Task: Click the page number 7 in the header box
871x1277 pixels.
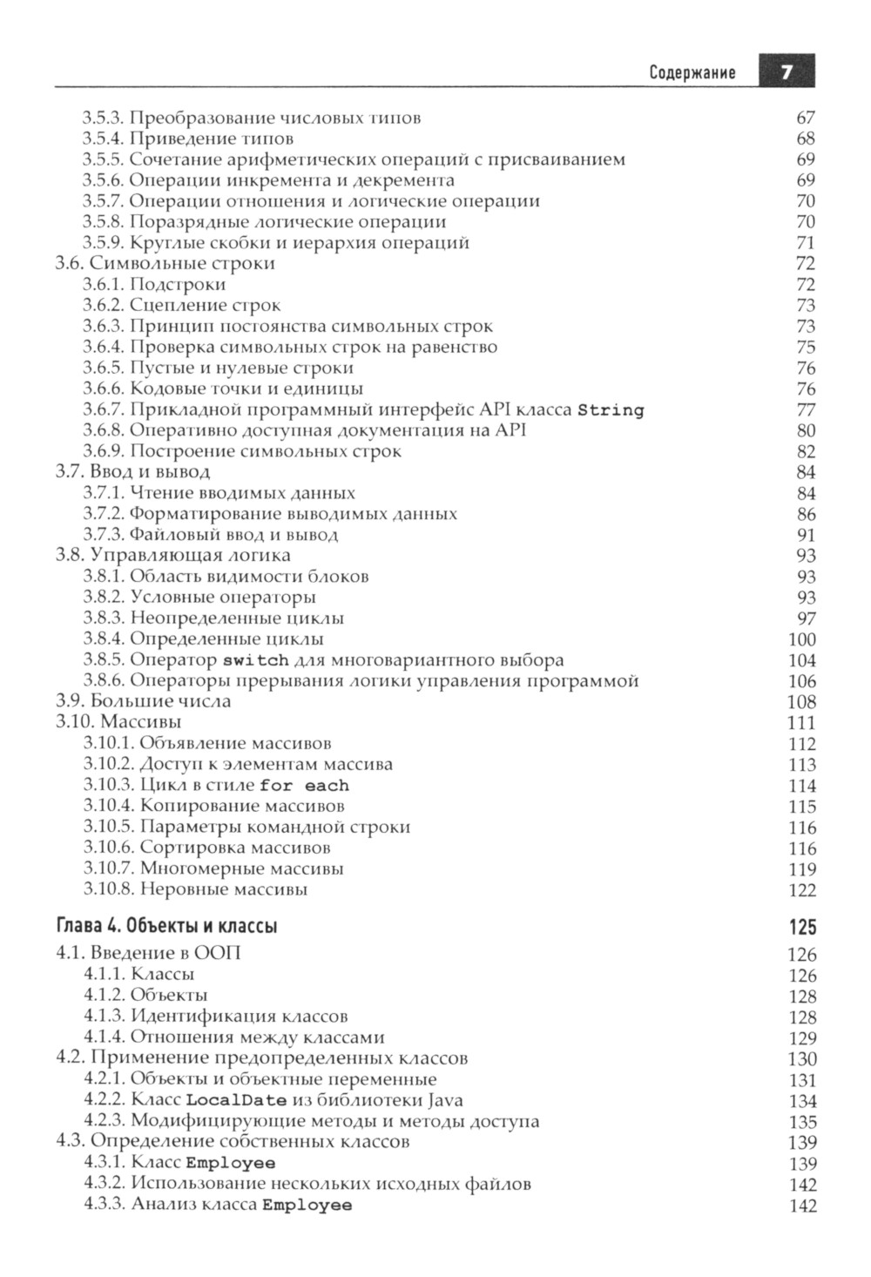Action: (786, 72)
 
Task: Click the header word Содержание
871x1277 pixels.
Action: (692, 73)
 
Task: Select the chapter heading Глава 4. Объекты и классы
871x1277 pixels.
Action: (166, 925)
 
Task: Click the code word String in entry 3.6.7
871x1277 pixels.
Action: (611, 410)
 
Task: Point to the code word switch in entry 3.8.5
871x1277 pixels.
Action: (255, 660)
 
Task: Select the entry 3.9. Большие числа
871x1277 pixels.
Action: (144, 701)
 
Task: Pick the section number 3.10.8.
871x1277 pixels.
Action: (109, 889)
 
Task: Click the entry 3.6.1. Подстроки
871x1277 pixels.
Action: (154, 284)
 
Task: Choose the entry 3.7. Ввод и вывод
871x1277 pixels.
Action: (132, 472)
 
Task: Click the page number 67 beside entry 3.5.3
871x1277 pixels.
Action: (806, 118)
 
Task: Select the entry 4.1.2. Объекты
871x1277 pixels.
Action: (145, 995)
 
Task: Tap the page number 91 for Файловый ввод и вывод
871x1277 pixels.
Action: (806, 535)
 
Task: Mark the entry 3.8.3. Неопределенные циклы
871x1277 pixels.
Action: (213, 618)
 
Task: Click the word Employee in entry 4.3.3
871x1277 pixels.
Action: (307, 1206)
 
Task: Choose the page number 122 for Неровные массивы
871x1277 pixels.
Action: (801, 890)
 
